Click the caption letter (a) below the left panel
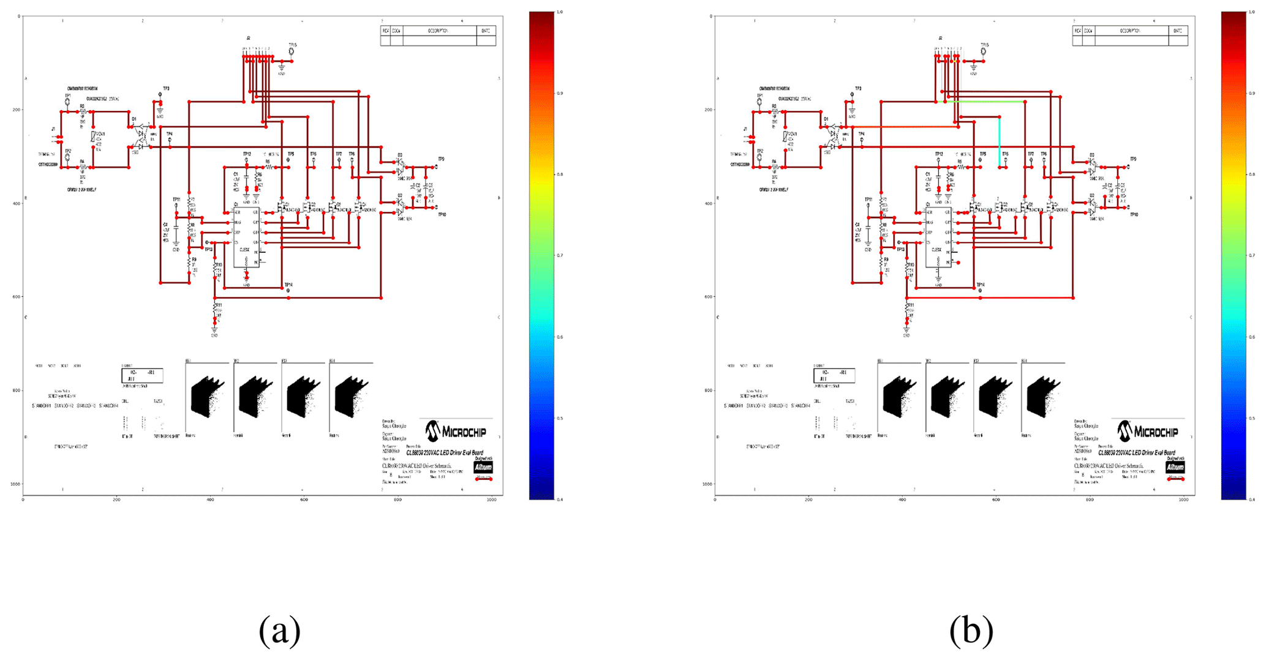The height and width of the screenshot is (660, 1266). (x=279, y=631)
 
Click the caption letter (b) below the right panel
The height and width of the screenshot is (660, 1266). (x=971, y=631)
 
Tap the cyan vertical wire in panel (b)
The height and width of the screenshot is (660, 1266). (x=1000, y=142)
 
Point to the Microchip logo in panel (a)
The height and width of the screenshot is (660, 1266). (x=456, y=431)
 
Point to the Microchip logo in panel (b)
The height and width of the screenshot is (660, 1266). (x=1148, y=431)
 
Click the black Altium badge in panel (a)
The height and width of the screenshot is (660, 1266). (x=483, y=467)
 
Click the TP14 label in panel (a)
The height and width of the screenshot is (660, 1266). (x=288, y=285)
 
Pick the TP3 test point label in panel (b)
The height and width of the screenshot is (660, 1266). (x=858, y=89)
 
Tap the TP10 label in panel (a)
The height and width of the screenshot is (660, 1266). (x=442, y=215)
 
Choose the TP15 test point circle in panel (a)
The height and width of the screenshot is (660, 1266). (x=292, y=51)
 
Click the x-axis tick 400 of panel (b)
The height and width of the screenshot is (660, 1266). (x=902, y=500)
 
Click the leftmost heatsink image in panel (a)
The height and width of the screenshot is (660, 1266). (x=208, y=397)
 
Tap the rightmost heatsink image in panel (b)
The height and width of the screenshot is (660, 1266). (x=1043, y=397)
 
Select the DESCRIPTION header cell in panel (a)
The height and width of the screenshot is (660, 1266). (x=439, y=31)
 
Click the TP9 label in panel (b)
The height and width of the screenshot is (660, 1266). (x=1133, y=159)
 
